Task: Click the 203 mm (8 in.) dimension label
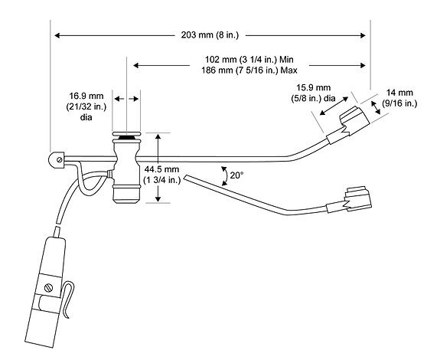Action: (x=210, y=35)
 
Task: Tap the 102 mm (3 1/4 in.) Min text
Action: (x=249, y=60)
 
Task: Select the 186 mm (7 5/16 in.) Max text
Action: (x=249, y=70)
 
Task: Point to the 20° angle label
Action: (x=236, y=175)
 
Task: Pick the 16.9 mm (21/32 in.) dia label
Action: (x=86, y=106)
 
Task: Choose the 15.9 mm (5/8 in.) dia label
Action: (x=314, y=93)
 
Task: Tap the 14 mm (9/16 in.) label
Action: (x=399, y=98)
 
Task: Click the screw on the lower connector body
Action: (x=49, y=288)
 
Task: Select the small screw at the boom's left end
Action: (x=59, y=160)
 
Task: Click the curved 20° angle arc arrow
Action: (x=224, y=176)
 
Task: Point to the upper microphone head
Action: (x=354, y=120)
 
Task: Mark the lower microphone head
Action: (x=358, y=198)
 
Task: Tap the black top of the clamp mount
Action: (x=126, y=138)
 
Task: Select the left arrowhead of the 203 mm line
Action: (x=57, y=35)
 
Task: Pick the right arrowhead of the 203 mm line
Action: (x=363, y=35)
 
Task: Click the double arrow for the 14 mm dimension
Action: (x=376, y=107)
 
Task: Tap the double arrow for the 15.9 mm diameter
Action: (x=334, y=106)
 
